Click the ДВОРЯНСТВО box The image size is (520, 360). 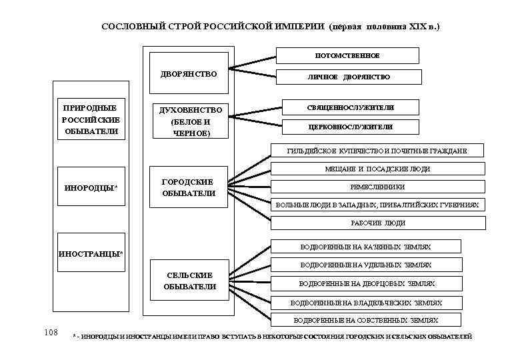[x=189, y=74]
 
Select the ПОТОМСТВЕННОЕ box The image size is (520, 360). [x=348, y=55]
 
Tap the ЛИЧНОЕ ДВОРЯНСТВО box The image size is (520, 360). [x=348, y=77]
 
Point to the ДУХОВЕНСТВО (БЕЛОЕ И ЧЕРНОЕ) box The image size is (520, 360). [x=190, y=121]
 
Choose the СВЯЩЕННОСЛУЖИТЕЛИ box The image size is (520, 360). [x=350, y=107]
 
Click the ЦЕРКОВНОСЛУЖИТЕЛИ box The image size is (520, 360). [x=350, y=127]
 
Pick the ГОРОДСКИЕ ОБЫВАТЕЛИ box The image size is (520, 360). [x=189, y=187]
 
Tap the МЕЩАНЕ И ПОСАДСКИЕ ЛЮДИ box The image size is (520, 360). [x=377, y=169]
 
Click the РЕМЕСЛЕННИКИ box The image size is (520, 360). [x=377, y=187]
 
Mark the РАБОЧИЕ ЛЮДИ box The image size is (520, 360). [x=377, y=223]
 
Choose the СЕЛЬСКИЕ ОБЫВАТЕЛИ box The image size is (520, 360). [x=189, y=281]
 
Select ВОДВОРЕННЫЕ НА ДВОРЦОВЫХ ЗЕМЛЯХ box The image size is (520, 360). [x=366, y=283]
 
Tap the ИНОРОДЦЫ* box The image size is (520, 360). [x=91, y=187]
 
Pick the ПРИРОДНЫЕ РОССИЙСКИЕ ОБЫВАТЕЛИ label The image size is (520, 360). [x=90, y=119]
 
